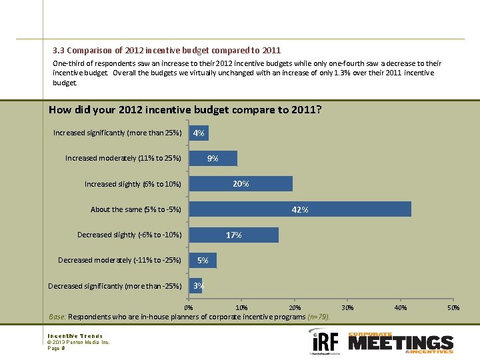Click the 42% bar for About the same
[300, 209]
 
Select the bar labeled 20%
[241, 184]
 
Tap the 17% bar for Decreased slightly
[234, 235]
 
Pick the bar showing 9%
[213, 159]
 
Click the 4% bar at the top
[199, 133]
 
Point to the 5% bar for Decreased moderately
[203, 260]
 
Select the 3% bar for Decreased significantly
[196, 286]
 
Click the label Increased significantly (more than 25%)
[117, 133]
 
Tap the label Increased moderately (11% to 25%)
[123, 158]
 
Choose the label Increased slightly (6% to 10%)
[133, 184]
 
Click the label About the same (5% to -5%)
[136, 209]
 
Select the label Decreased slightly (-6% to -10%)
[129, 235]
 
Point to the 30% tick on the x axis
[347, 307]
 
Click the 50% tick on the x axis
[453, 307]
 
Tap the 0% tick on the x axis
[189, 307]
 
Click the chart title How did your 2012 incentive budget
[185, 109]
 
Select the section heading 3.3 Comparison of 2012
[167, 50]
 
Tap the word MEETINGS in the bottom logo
[400, 343]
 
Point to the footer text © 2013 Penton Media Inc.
[78, 342]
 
